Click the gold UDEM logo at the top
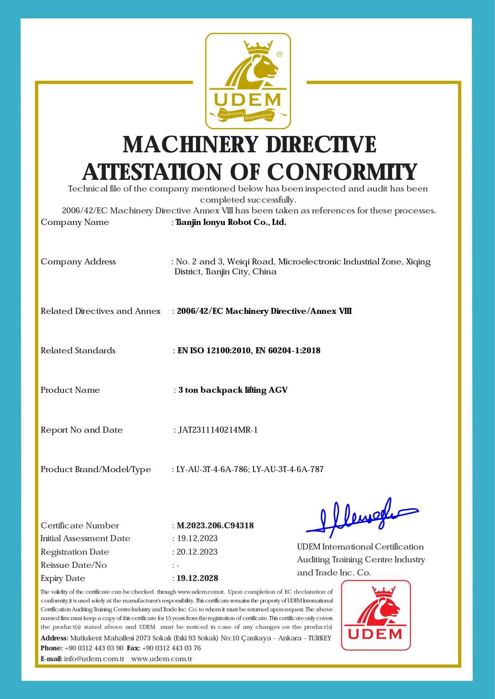(248, 81)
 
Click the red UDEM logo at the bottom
(376, 615)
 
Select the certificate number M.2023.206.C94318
(215, 526)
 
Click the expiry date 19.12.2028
(198, 578)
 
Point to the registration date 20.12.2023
(197, 552)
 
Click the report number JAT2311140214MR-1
(218, 430)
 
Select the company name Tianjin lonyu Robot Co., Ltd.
(231, 222)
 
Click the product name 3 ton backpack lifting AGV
(233, 390)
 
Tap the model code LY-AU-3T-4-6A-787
(288, 469)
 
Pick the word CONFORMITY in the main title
(342, 172)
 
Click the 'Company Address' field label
(78, 262)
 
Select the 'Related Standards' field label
(78, 350)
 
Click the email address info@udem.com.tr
(94, 659)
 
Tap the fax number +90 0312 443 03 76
(171, 648)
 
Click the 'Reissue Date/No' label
(74, 565)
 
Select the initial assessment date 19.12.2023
(197, 538)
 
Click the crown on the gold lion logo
(259, 47)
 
